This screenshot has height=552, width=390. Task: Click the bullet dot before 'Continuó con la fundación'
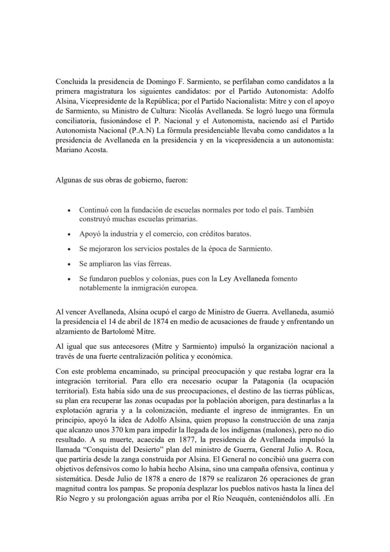[70, 211]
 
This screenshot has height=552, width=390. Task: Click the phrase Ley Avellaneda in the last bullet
[244, 279]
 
